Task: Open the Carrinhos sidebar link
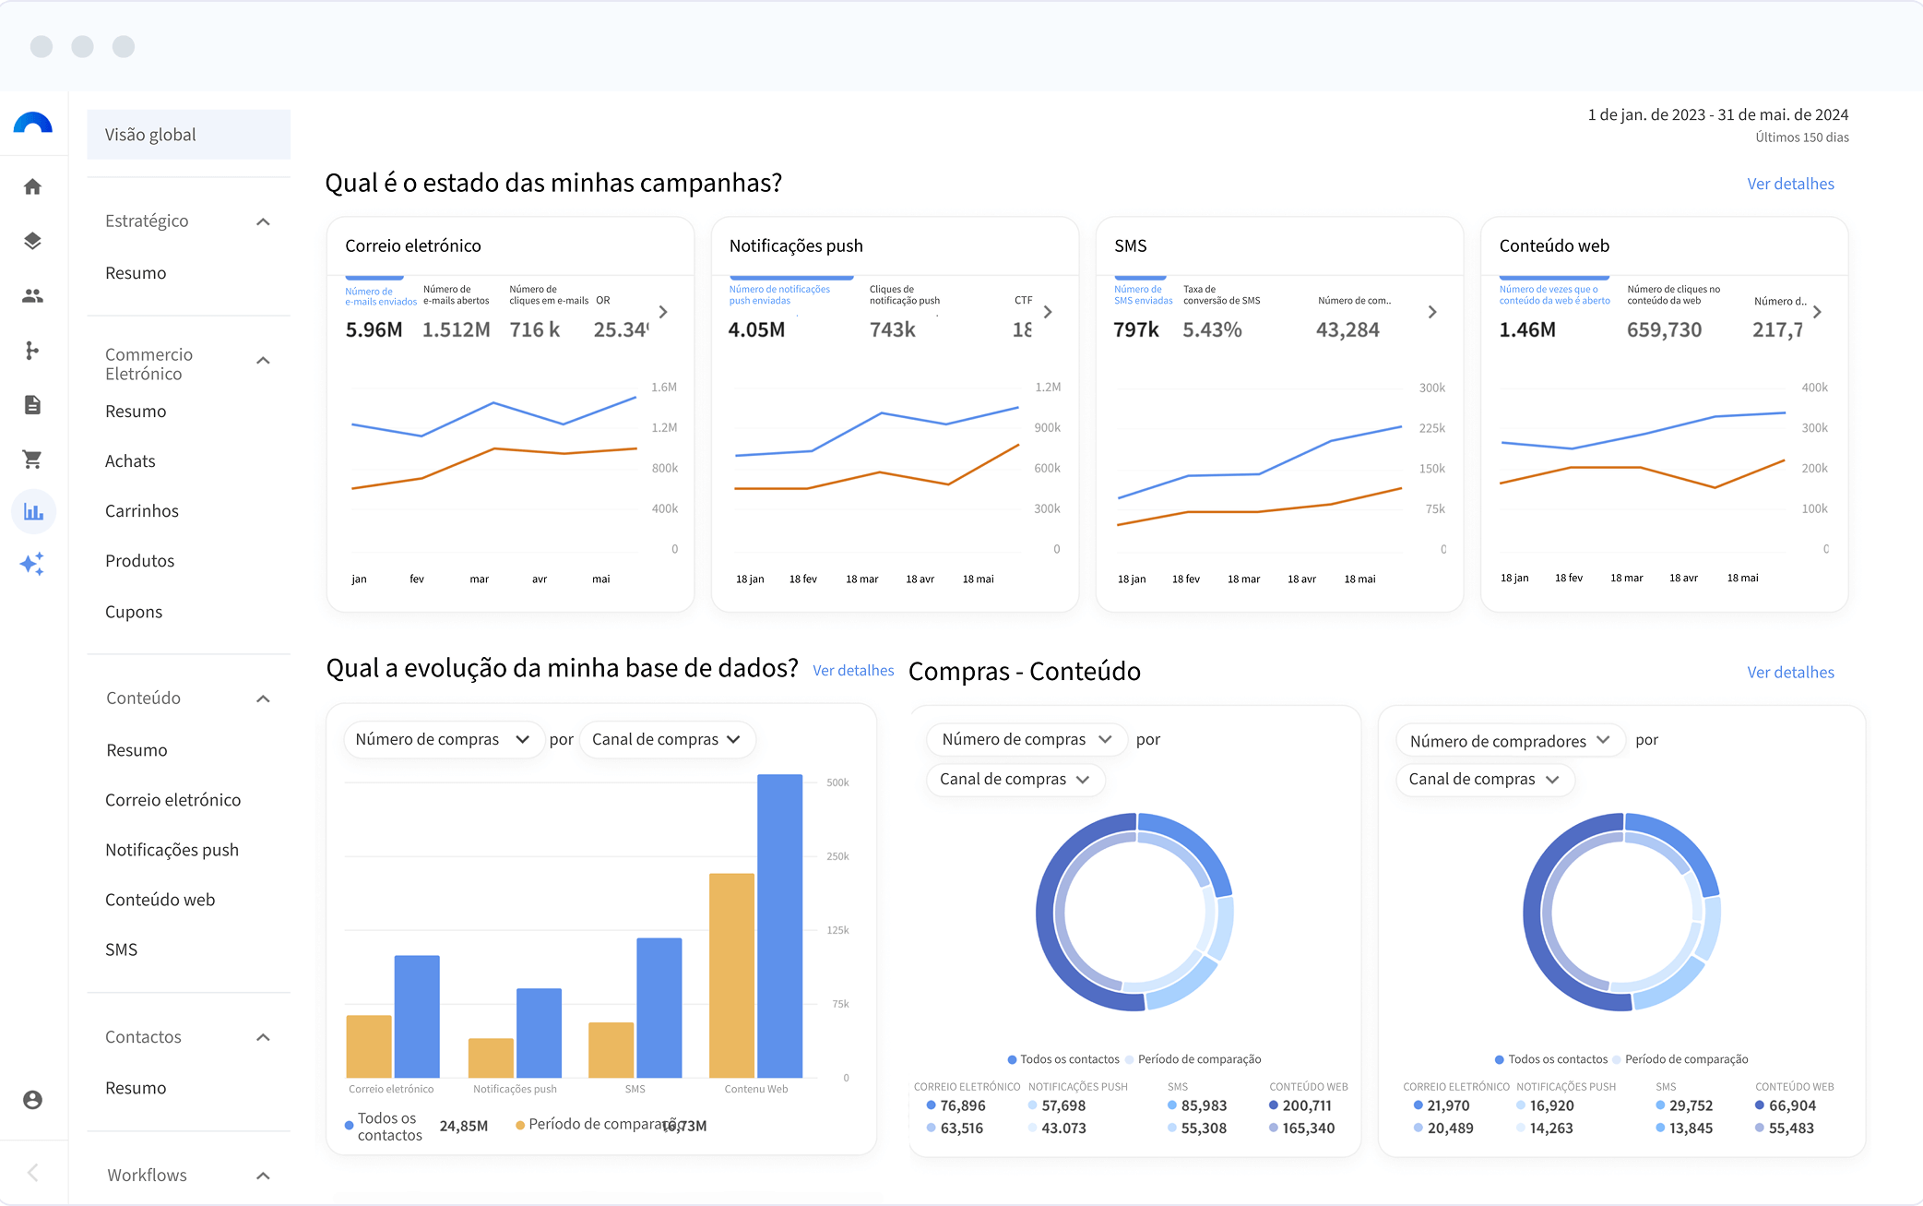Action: (142, 511)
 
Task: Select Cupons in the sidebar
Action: (134, 612)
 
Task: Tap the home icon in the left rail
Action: (33, 187)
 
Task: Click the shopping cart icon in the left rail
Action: (33, 459)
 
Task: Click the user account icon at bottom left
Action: (33, 1100)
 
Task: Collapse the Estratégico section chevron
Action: (263, 221)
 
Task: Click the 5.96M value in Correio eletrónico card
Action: (374, 329)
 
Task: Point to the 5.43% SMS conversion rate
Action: (1212, 329)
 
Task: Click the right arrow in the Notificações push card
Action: (1048, 312)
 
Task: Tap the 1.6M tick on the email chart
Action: (664, 388)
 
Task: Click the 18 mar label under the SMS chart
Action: (1243, 579)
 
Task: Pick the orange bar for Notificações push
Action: (491, 1057)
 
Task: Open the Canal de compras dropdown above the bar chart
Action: (667, 740)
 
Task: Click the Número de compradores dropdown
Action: (1510, 741)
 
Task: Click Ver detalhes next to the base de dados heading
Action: (853, 671)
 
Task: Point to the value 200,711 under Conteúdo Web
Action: (1306, 1105)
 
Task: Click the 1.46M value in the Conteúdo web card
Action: (1527, 329)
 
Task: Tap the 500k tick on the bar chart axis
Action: (837, 782)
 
